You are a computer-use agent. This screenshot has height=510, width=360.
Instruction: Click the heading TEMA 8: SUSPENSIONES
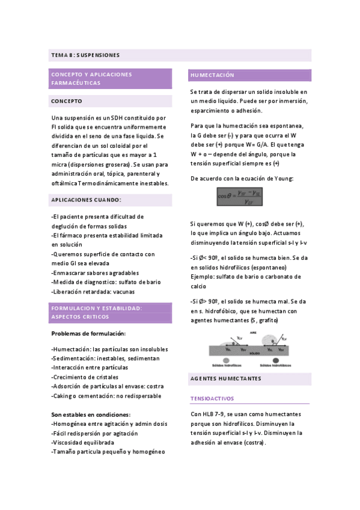click(x=85, y=55)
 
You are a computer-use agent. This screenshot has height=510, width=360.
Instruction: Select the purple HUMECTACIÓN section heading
click(x=212, y=76)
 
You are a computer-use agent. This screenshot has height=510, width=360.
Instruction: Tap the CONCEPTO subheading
click(x=67, y=101)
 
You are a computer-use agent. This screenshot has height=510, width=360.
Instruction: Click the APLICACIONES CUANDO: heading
click(x=86, y=200)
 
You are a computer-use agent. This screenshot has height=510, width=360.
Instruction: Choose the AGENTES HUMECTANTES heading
click(x=225, y=379)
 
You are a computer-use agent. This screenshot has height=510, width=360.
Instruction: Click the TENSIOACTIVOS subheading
click(x=212, y=399)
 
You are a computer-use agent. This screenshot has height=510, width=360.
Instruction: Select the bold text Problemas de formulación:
click(x=88, y=333)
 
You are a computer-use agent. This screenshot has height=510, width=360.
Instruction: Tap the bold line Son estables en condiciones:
click(x=91, y=414)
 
